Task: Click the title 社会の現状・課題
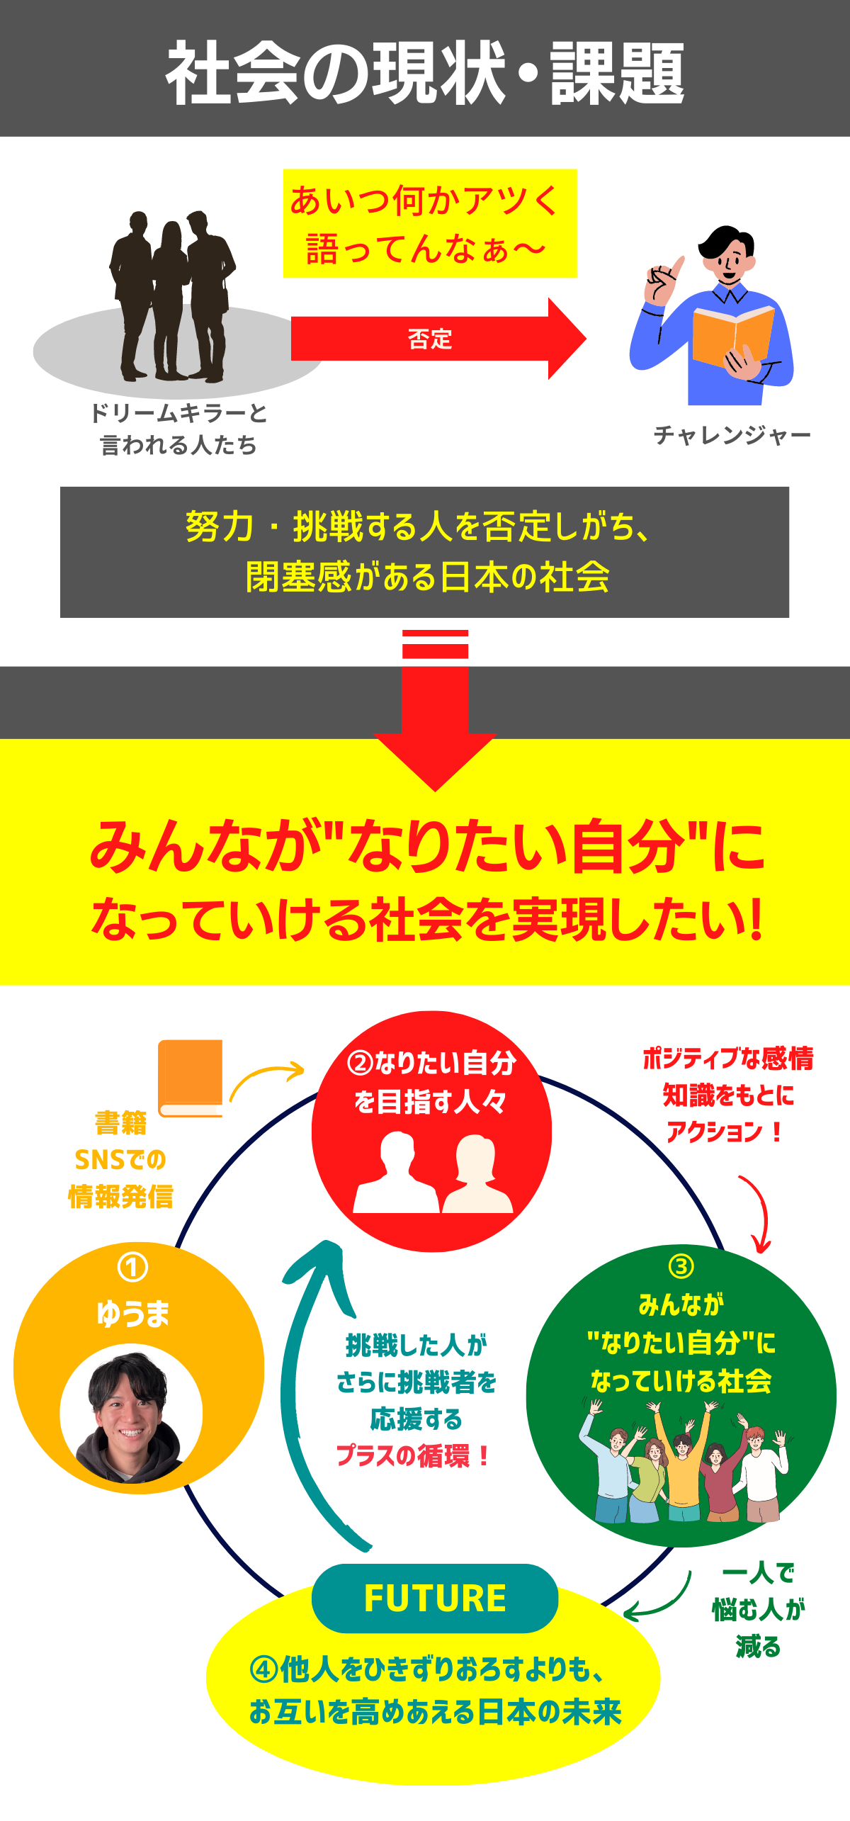click(x=425, y=72)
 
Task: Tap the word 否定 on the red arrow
click(x=430, y=339)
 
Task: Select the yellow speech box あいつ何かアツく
click(x=430, y=223)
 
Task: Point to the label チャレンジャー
click(x=732, y=434)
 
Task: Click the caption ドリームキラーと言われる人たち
click(x=178, y=429)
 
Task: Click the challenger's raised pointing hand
click(x=663, y=280)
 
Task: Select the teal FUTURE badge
click(x=435, y=1599)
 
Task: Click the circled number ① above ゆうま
click(x=132, y=1268)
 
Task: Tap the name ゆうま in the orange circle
click(x=133, y=1313)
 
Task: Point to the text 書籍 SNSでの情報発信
click(x=120, y=1159)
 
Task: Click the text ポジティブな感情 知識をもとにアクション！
click(x=727, y=1094)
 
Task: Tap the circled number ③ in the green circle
click(x=681, y=1265)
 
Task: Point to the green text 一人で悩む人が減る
click(x=759, y=1610)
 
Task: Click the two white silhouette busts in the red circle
click(x=433, y=1172)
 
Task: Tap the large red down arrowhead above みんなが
click(x=435, y=762)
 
